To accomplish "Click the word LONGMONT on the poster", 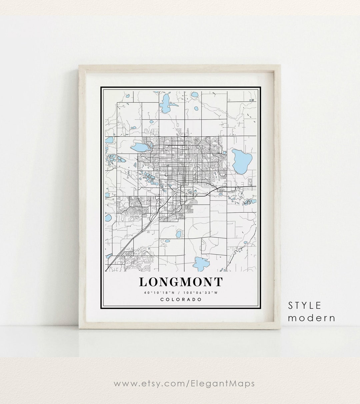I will point(180,282).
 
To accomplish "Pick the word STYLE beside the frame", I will point(305,305).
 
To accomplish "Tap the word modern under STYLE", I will point(311,318).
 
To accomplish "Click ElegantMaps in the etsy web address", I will point(227,383).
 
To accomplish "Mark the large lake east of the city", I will point(242,160).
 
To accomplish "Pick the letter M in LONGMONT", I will point(185,282).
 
